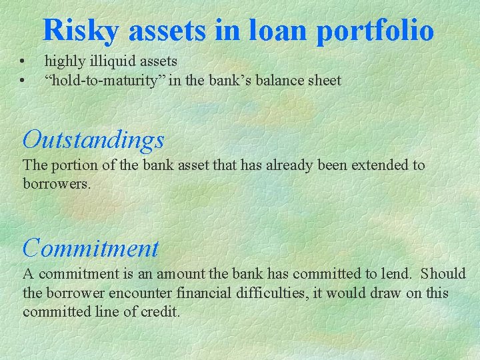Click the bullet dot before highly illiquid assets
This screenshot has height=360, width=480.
[23, 62]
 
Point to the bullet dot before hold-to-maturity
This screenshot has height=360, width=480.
[23, 81]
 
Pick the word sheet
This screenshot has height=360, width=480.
[325, 81]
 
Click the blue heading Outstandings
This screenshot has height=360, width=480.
[93, 140]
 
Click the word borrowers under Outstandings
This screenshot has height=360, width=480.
[56, 183]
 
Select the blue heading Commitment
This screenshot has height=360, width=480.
[91, 249]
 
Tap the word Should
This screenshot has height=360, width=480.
[443, 274]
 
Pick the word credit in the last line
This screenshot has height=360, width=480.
[162, 312]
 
